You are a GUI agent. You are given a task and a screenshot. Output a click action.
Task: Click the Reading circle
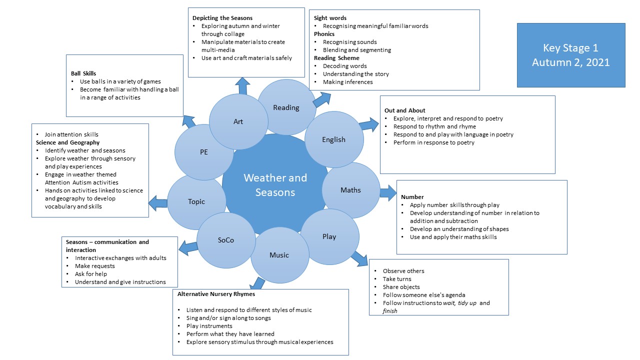[286, 107]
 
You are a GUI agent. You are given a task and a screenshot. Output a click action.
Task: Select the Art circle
[238, 121]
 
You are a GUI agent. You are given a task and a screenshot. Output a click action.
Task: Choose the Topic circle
[196, 201]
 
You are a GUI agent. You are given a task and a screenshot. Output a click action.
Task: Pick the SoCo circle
[226, 240]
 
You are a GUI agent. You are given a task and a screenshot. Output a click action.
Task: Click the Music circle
[279, 255]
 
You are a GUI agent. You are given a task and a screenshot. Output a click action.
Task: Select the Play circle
[329, 236]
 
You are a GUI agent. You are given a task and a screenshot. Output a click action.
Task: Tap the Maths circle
[350, 190]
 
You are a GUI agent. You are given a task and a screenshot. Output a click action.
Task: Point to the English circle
[333, 139]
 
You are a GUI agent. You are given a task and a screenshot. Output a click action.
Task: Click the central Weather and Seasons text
[275, 185]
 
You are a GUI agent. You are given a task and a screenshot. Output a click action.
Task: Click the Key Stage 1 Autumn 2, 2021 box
[571, 55]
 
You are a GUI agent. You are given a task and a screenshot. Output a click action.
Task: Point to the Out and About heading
[405, 110]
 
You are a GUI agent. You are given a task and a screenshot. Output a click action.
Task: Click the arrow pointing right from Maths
[387, 192]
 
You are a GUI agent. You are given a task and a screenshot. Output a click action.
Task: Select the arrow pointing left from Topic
[157, 202]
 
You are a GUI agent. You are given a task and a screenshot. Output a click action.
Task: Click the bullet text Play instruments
[209, 326]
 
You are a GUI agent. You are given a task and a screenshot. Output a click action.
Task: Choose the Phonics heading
[324, 34]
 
